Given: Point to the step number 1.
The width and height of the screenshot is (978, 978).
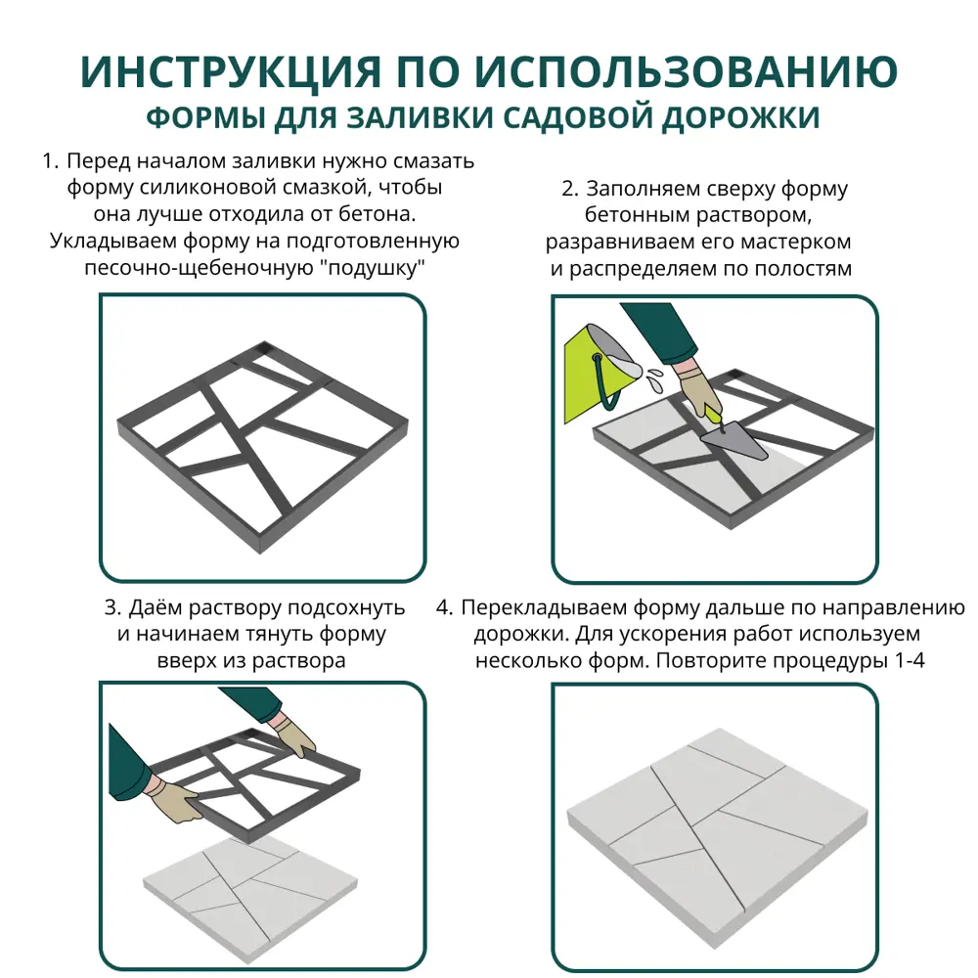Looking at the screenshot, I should (50, 161).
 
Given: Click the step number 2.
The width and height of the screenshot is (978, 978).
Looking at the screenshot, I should (568, 189).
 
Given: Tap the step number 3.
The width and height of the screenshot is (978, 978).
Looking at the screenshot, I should (111, 608).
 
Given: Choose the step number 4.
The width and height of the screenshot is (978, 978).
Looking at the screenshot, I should (444, 608).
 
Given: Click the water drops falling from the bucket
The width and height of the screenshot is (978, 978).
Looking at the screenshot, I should (651, 376).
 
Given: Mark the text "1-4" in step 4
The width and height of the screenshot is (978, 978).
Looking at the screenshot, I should (909, 661).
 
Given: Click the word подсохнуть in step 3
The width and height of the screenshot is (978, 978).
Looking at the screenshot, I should (339, 608).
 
